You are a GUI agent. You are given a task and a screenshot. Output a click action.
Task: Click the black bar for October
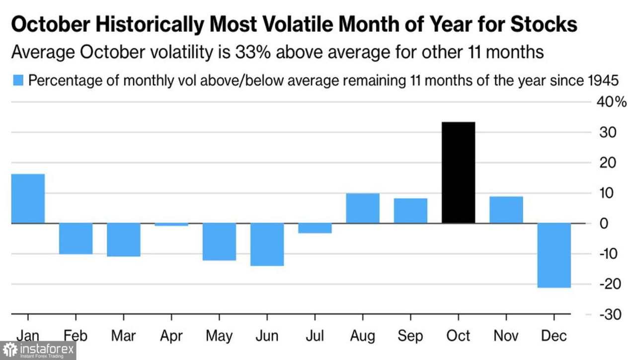(x=458, y=172)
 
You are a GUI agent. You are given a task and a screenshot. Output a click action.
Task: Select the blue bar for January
(x=28, y=199)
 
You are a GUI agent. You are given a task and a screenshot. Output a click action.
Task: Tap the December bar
(x=554, y=255)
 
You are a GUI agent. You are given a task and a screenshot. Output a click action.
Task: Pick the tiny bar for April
(x=171, y=225)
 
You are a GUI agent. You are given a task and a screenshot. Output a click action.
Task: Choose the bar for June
(x=267, y=244)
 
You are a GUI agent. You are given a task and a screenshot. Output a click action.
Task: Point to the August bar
(x=363, y=208)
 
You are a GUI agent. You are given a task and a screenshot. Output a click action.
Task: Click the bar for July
(x=315, y=228)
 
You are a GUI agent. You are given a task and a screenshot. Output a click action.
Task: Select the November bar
(x=506, y=210)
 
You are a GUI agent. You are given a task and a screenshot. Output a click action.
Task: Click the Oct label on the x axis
(x=458, y=336)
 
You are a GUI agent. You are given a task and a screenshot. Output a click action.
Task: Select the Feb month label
(x=76, y=336)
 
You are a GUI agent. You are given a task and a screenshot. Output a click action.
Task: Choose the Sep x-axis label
(x=410, y=336)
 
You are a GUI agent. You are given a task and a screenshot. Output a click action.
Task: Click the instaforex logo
(x=38, y=350)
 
